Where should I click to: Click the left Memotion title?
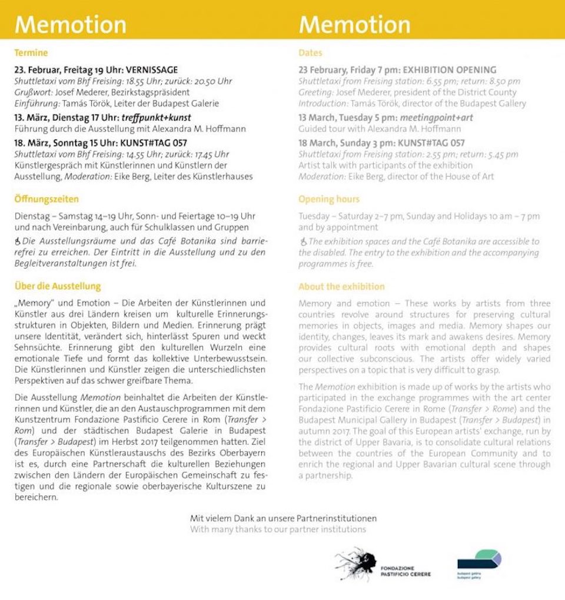point(70,25)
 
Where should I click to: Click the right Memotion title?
point(354,25)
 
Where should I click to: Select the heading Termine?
point(31,53)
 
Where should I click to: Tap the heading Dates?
point(310,53)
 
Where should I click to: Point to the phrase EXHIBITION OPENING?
point(450,70)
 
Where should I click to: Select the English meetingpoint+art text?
point(435,118)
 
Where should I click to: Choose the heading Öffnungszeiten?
point(46,199)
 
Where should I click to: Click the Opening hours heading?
point(328,199)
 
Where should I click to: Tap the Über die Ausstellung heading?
point(58,287)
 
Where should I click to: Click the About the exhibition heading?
point(341,287)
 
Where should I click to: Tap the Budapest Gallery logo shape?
point(479,559)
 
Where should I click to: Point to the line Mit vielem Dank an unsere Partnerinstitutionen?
point(283,519)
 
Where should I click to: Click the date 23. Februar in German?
point(36,70)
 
